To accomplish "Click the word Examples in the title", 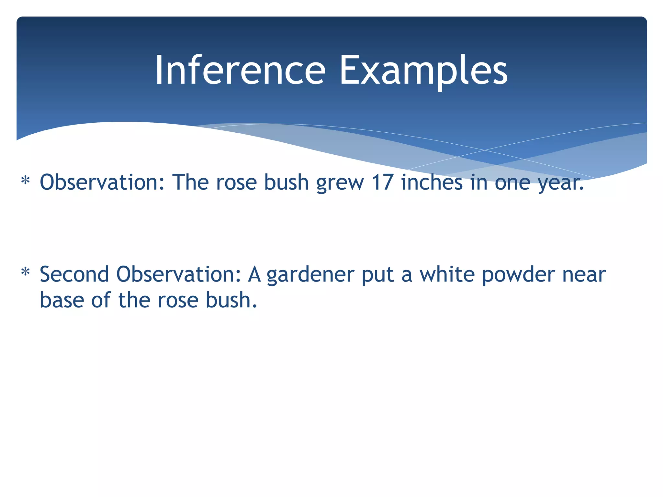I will [x=423, y=70].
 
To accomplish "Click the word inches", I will [x=432, y=182].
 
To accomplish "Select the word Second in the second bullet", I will [x=74, y=274].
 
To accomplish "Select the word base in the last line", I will [x=62, y=300].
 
